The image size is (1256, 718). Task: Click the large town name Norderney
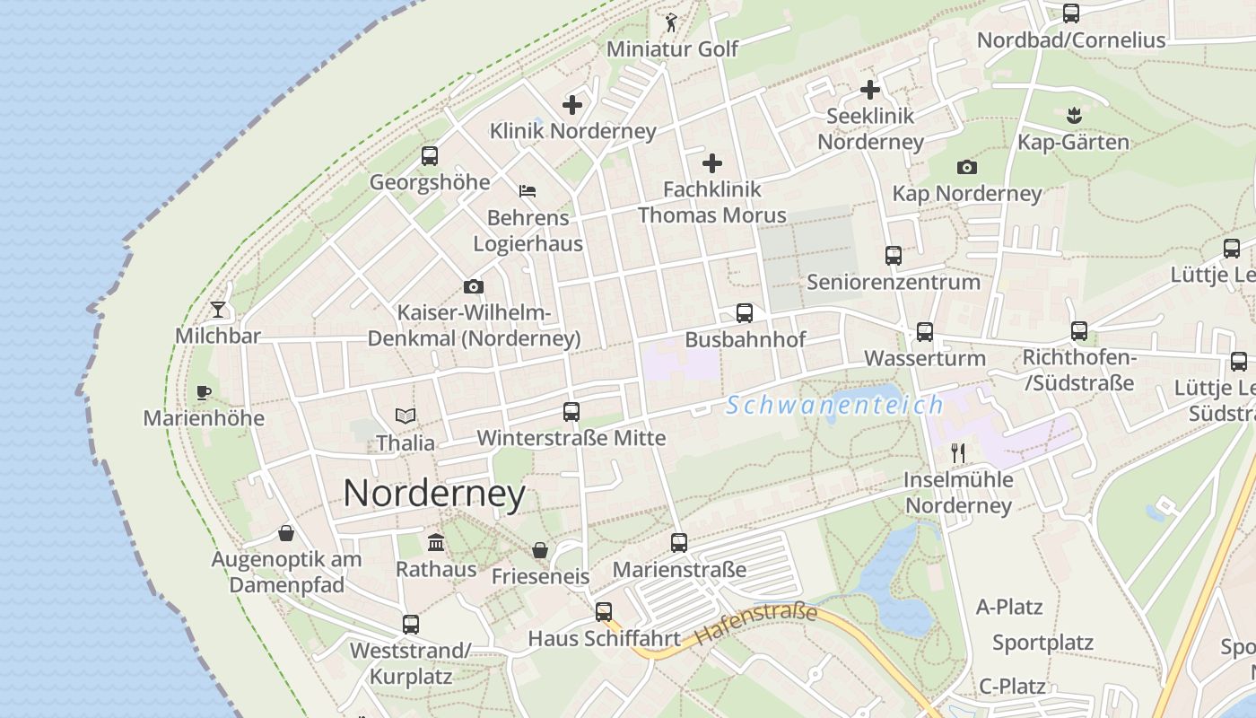pyautogui.click(x=434, y=494)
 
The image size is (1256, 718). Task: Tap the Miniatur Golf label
pyautogui.click(x=672, y=48)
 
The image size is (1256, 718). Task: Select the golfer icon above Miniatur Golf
pyautogui.click(x=672, y=22)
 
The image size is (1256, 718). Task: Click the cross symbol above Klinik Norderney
pyautogui.click(x=572, y=105)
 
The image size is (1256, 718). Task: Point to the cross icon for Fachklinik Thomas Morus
pyautogui.click(x=712, y=163)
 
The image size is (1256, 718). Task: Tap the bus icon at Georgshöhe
pyautogui.click(x=430, y=156)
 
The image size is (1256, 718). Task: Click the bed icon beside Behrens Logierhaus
pyautogui.click(x=528, y=191)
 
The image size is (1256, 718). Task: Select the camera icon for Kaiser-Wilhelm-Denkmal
pyautogui.click(x=474, y=287)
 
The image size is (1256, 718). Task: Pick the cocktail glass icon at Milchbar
pyautogui.click(x=218, y=310)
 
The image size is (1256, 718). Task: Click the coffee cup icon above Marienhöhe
pyautogui.click(x=204, y=392)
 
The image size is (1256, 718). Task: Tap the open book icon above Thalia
pyautogui.click(x=406, y=416)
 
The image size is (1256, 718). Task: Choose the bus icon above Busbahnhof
pyautogui.click(x=745, y=313)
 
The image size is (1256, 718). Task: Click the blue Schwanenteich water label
pyautogui.click(x=834, y=406)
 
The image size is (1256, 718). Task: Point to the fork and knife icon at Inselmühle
pyautogui.click(x=958, y=452)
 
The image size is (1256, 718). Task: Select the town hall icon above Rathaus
pyautogui.click(x=437, y=542)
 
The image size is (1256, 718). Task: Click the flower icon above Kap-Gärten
pyautogui.click(x=1073, y=116)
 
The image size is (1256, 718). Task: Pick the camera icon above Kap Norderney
pyautogui.click(x=967, y=167)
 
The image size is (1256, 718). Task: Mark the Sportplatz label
pyautogui.click(x=1042, y=643)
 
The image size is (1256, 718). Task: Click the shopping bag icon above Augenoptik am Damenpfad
pyautogui.click(x=286, y=534)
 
